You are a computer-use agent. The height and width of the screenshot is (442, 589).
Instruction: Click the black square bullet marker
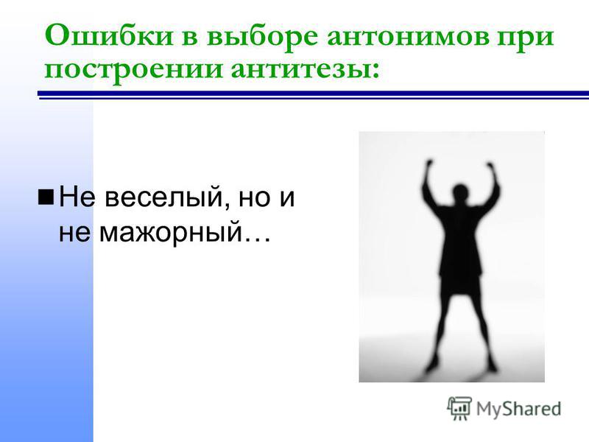(46, 197)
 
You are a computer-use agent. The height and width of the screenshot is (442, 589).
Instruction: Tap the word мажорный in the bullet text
(170, 233)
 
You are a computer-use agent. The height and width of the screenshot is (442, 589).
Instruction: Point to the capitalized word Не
(77, 196)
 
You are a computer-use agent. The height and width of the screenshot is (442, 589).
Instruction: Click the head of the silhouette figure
(460, 193)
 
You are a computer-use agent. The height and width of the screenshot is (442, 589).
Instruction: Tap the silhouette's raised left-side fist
(430, 164)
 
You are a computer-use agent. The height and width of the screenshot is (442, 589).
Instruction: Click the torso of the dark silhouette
(460, 241)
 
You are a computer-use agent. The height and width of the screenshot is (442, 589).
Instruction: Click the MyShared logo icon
(459, 408)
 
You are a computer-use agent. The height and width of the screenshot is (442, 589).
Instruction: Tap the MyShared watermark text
(519, 409)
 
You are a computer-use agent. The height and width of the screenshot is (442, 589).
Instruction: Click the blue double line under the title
(314, 95)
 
